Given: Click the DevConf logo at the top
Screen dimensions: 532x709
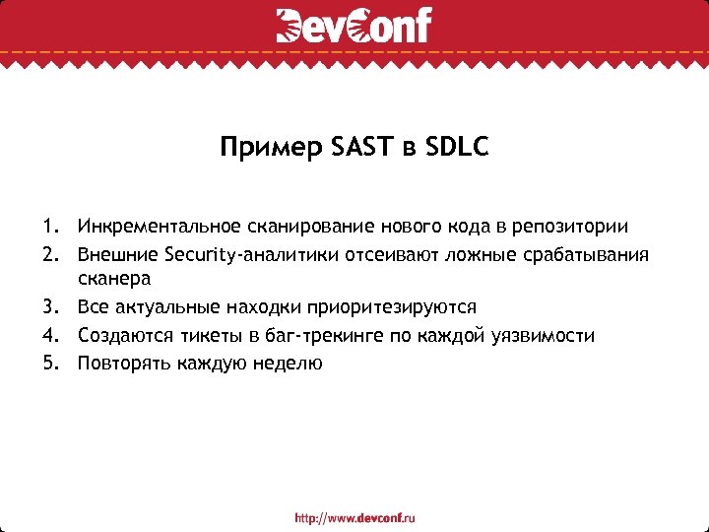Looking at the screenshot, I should click(354, 26).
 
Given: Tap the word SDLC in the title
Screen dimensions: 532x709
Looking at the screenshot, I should click(458, 149).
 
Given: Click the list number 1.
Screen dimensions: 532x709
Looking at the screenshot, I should click(50, 228).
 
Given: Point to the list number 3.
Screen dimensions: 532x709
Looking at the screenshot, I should click(50, 307).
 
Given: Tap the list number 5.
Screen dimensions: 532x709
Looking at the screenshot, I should click(50, 363).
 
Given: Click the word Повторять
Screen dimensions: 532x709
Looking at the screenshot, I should click(125, 363).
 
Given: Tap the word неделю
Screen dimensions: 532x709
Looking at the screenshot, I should click(288, 363).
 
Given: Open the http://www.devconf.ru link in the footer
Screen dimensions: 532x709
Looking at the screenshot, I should click(354, 516).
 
